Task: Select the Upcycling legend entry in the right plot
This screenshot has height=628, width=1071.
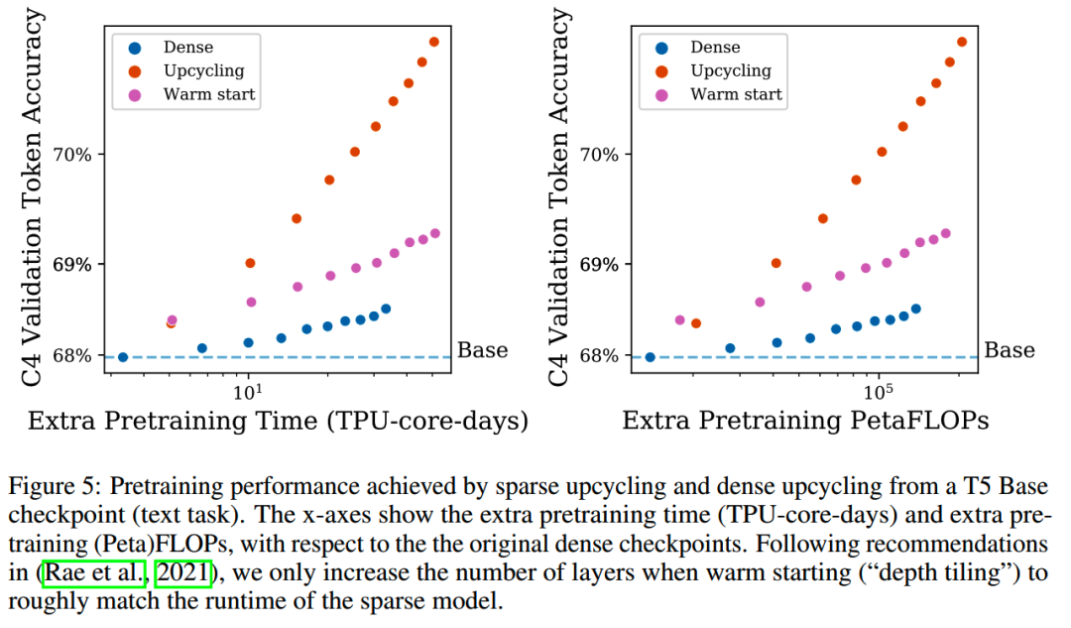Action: click(x=730, y=70)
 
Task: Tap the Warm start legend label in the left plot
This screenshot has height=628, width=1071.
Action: click(x=209, y=94)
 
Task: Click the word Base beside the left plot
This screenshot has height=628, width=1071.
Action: click(x=482, y=349)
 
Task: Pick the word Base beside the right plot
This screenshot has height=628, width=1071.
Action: click(x=1009, y=349)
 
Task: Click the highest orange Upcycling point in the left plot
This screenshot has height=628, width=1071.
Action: click(x=434, y=42)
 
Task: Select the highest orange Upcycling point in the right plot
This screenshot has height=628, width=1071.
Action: click(x=962, y=42)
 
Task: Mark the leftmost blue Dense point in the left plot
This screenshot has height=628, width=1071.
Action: click(x=123, y=357)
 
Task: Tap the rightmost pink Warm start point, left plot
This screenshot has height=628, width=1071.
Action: click(x=435, y=234)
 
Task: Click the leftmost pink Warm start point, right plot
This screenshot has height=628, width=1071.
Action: click(x=680, y=319)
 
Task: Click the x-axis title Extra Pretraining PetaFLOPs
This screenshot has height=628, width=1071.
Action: click(x=805, y=422)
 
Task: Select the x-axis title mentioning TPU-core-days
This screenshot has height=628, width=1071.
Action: click(x=278, y=422)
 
